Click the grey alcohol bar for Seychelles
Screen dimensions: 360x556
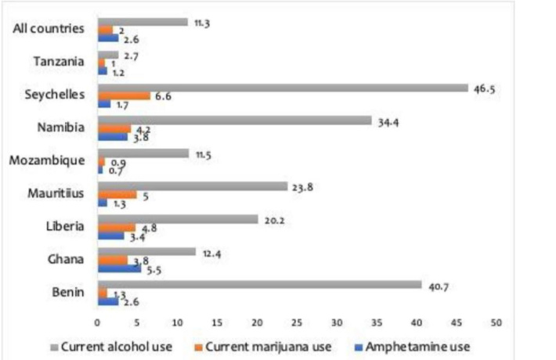coord(282,88)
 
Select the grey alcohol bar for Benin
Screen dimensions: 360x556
coord(259,285)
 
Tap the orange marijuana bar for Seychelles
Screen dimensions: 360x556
coord(124,95)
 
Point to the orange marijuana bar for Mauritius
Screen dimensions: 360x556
coord(117,194)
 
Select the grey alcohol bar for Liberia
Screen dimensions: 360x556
coord(178,219)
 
